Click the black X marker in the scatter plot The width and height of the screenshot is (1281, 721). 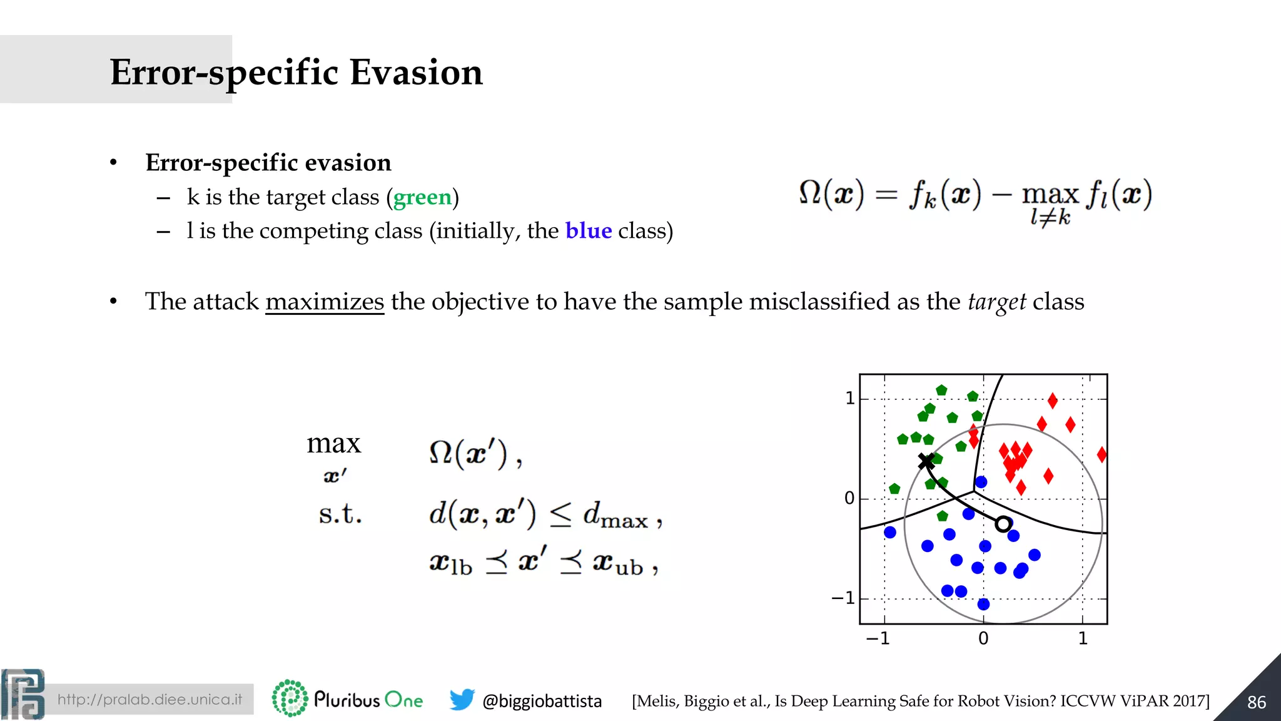926,462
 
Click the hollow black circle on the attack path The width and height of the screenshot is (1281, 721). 1003,524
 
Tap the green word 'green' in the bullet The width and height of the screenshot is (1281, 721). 422,197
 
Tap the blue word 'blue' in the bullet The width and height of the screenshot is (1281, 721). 588,231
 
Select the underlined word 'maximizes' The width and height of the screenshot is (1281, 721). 325,302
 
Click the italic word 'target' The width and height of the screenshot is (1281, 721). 996,302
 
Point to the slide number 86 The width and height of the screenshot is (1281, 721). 1256,702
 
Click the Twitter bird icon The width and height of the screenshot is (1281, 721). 462,700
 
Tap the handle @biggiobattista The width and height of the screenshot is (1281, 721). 542,701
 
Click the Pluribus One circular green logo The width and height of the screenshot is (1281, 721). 290,698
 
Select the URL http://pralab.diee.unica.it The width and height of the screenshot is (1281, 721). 149,699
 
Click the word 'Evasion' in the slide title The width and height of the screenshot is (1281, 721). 416,72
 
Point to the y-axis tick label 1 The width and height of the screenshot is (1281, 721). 849,398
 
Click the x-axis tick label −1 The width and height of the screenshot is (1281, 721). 878,638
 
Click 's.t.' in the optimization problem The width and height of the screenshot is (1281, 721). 340,514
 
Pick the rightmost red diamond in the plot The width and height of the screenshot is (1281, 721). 1101,455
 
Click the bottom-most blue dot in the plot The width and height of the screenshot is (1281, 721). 983,604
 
